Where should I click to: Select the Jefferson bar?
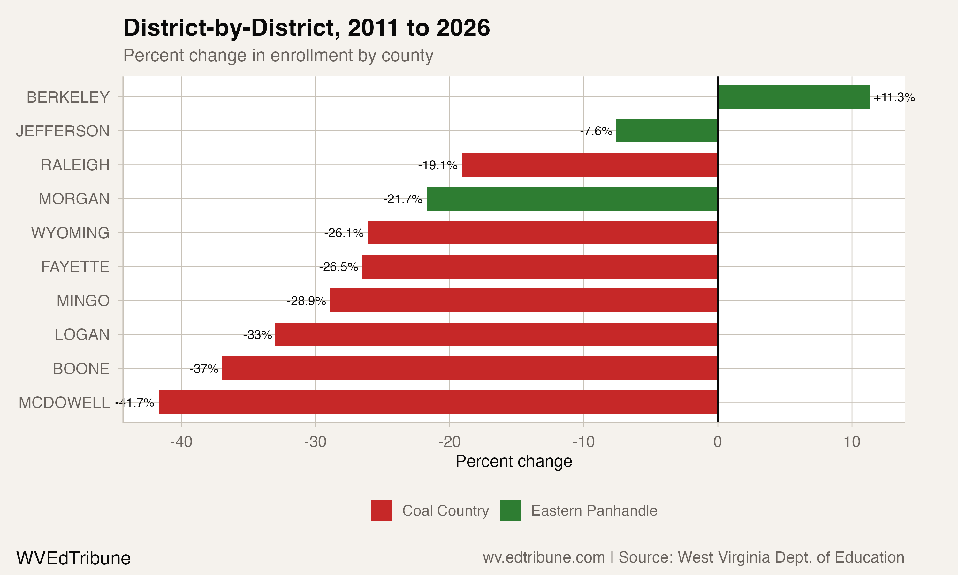pyautogui.click(x=666, y=131)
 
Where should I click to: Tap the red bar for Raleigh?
pyautogui.click(x=589, y=165)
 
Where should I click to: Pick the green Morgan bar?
pyautogui.click(x=572, y=199)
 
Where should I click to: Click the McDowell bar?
pyautogui.click(x=438, y=402)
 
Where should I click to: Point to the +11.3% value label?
pyautogui.click(x=894, y=97)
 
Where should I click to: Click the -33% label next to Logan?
pyautogui.click(x=257, y=335)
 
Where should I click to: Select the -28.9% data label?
pyautogui.click(x=306, y=301)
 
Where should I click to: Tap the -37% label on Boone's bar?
pyautogui.click(x=204, y=369)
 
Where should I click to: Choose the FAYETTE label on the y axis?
pyautogui.click(x=75, y=267)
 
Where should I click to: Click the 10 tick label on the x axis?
pyautogui.click(x=852, y=442)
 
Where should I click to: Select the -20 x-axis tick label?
pyautogui.click(x=449, y=442)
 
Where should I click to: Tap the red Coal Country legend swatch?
pyautogui.click(x=381, y=510)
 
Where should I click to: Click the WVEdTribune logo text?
pyautogui.click(x=73, y=558)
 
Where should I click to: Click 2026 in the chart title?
pyautogui.click(x=463, y=28)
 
